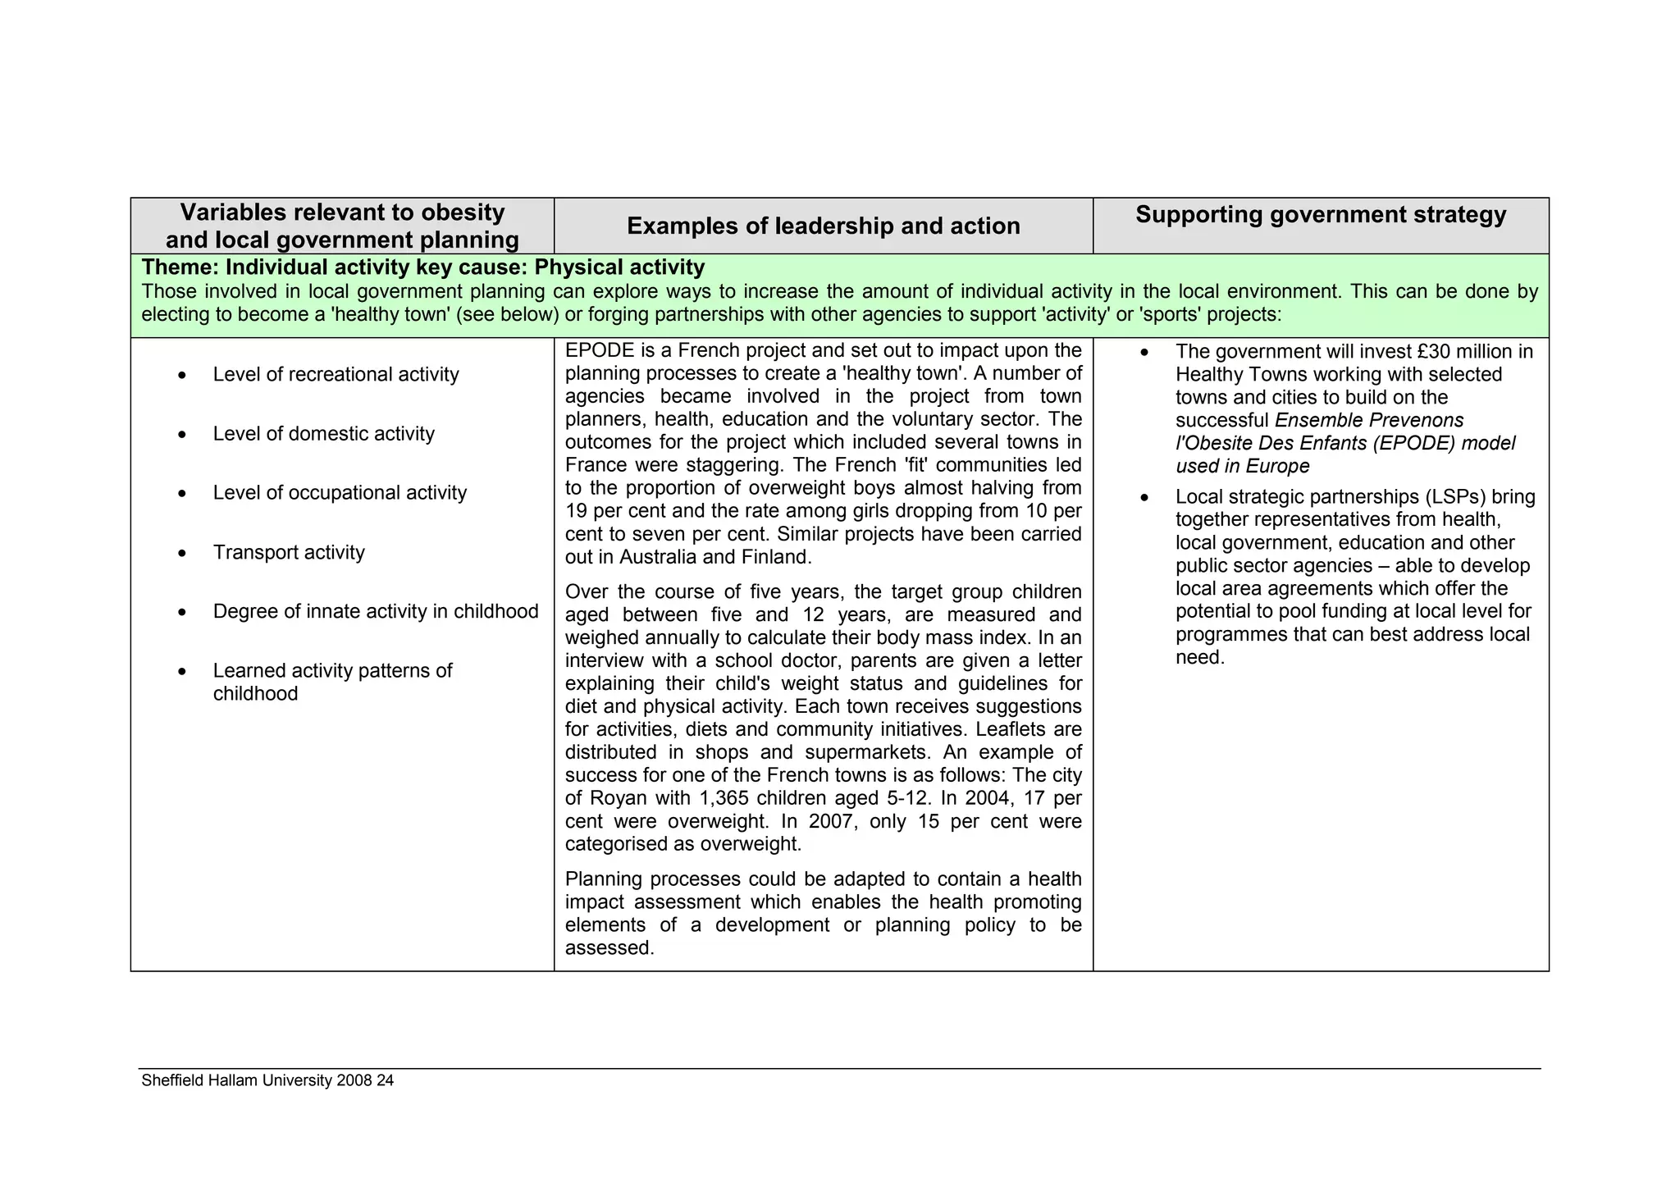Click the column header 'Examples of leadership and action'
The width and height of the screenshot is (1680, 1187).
[823, 226]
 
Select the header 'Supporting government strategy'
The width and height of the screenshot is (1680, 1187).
[1321, 215]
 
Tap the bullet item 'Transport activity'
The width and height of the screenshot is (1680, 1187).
[289, 553]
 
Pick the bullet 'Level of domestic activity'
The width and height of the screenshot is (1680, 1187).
[323, 434]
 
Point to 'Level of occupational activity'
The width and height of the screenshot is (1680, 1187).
[340, 493]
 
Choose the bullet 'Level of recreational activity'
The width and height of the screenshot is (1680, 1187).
[336, 375]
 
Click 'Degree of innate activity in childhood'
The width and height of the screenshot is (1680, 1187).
[376, 612]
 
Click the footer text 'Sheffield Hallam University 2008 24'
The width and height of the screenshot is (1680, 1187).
[267, 1081]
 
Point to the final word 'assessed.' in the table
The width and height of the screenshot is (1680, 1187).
[609, 948]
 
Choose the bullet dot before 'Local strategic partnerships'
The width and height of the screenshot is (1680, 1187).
[1144, 498]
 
